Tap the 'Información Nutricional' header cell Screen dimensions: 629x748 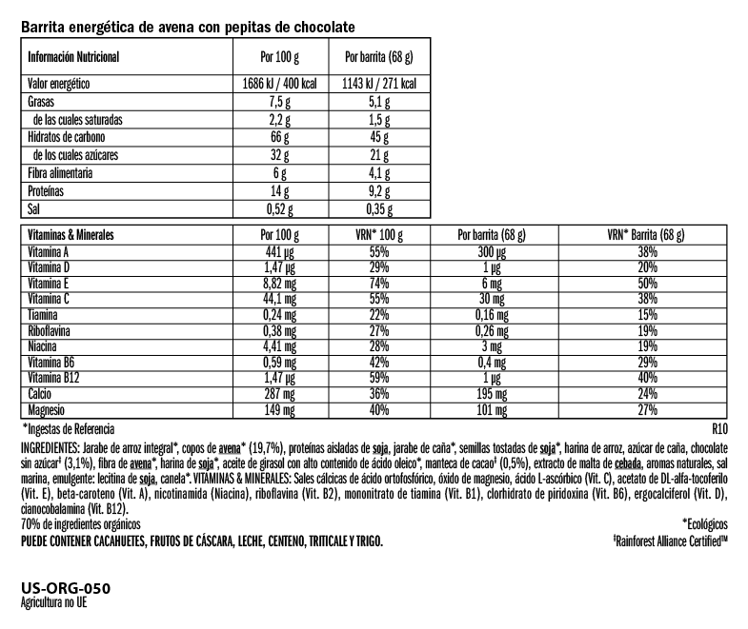coord(74,56)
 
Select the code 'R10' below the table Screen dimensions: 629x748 coord(720,428)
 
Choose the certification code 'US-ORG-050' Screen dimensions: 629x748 coord(65,590)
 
